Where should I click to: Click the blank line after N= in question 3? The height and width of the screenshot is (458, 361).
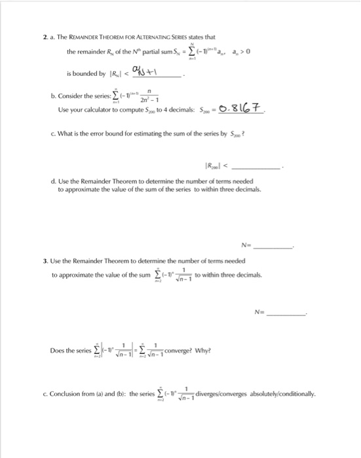(288, 313)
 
